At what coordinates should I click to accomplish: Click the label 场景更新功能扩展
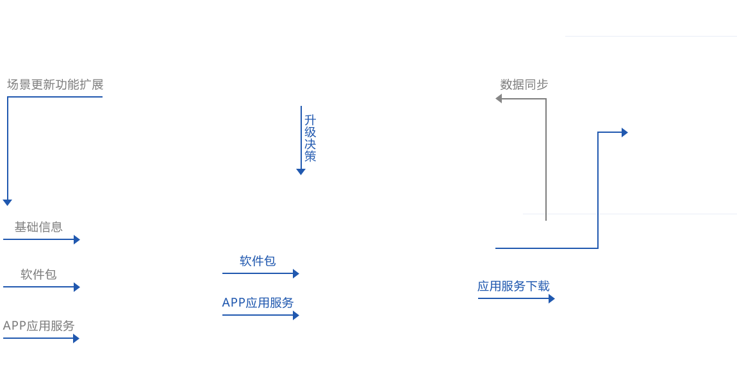point(56,85)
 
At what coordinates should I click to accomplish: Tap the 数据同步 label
point(522,85)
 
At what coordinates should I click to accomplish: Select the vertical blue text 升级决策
point(310,138)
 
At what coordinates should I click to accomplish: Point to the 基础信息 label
point(40,227)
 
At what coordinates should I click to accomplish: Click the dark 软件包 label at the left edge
point(36,274)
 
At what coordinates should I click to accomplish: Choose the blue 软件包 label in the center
point(258,261)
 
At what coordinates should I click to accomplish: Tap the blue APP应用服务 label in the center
point(258,303)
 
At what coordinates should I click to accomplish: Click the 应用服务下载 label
point(513,286)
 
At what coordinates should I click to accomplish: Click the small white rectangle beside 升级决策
point(373,124)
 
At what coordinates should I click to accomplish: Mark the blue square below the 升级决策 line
point(301,172)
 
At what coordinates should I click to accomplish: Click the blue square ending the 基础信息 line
point(77,240)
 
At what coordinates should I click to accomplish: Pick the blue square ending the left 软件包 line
point(77,287)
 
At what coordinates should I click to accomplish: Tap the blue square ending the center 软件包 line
point(296,274)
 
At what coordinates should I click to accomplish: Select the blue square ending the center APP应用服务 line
point(296,316)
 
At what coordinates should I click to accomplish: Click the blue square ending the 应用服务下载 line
point(552,299)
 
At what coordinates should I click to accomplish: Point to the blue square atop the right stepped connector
point(625,133)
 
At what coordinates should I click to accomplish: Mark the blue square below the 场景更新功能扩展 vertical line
point(8,203)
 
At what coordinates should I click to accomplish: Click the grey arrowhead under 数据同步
point(499,98)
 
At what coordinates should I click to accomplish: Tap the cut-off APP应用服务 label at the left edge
point(40,325)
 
